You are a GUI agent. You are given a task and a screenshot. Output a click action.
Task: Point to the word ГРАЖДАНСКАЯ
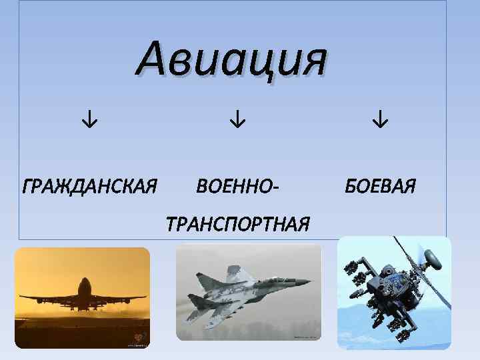pyautogui.click(x=89, y=184)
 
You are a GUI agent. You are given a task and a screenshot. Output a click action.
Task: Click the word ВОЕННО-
pyautogui.click(x=237, y=184)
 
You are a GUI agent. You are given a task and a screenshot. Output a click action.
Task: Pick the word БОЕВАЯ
pyautogui.click(x=380, y=184)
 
